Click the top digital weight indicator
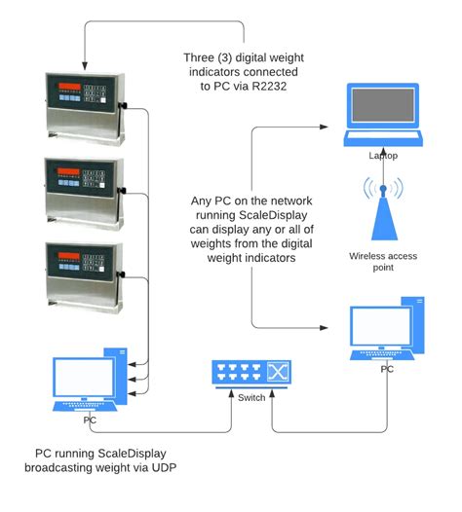click(x=82, y=106)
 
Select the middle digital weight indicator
click(x=82, y=187)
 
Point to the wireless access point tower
click(x=383, y=209)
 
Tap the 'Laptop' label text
click(x=383, y=156)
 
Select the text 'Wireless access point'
click(x=382, y=262)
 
